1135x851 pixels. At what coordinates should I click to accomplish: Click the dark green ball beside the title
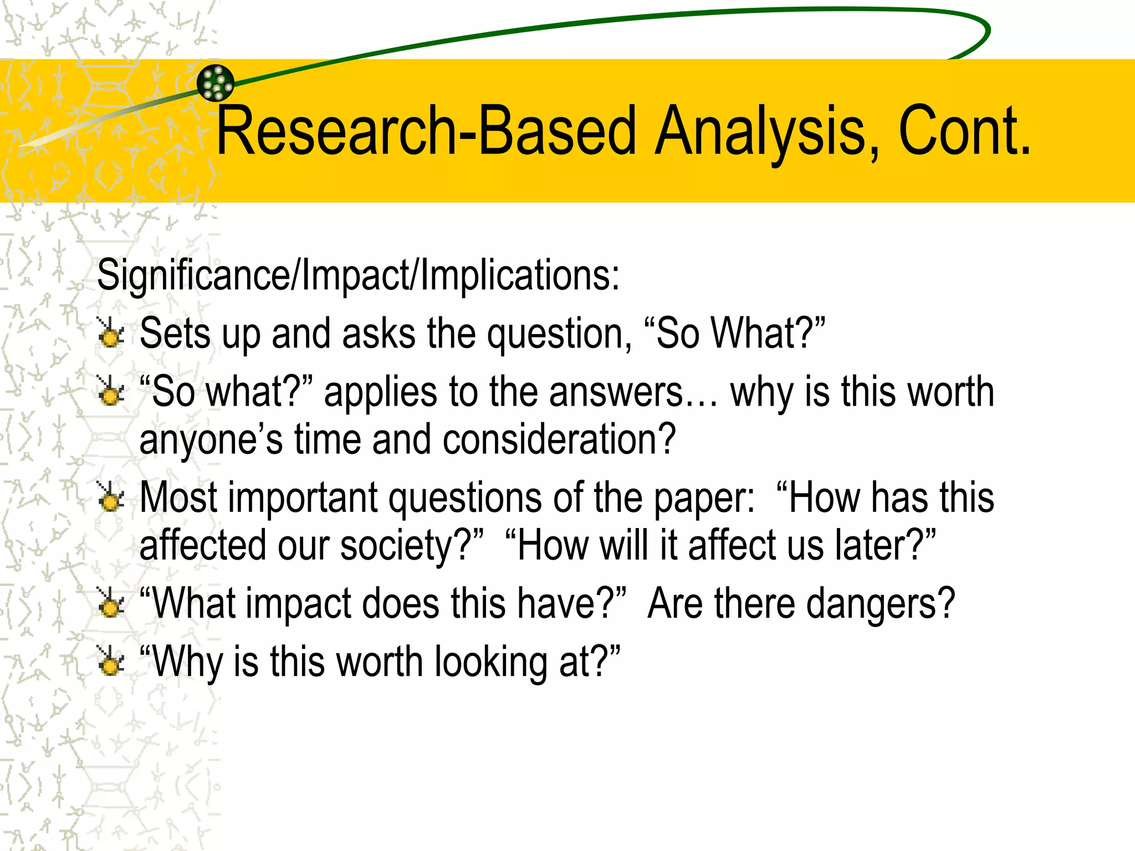click(216, 83)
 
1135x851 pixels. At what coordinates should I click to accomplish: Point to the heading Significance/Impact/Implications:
click(358, 275)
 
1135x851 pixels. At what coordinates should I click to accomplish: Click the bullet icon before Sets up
click(110, 333)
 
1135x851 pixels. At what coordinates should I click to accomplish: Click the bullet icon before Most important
click(110, 497)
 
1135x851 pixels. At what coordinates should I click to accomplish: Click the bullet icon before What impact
click(110, 603)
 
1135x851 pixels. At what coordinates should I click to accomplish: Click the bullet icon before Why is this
click(110, 662)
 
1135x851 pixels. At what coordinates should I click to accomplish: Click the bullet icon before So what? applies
click(110, 391)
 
